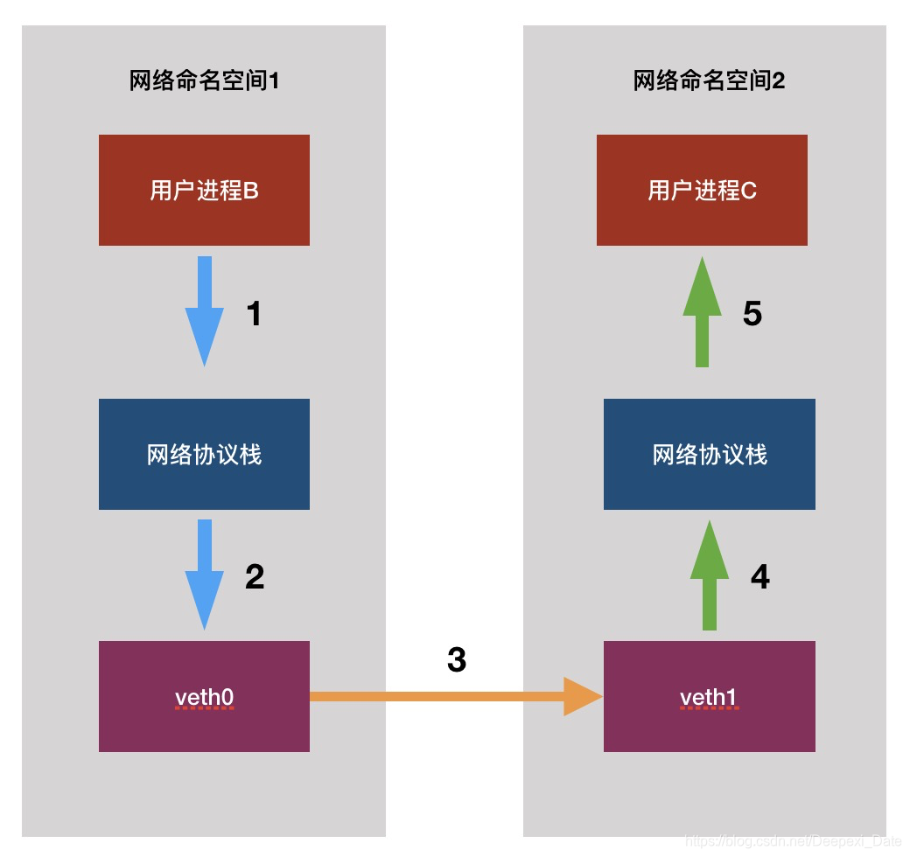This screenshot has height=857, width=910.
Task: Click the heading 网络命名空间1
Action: [x=204, y=81]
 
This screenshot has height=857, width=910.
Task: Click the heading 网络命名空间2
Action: [x=709, y=81]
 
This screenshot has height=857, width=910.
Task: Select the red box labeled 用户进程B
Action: [x=204, y=190]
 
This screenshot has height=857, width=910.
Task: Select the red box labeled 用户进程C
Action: [x=702, y=190]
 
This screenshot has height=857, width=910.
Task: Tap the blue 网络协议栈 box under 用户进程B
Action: [x=204, y=454]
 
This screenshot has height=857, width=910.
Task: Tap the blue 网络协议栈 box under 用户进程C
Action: [x=710, y=454]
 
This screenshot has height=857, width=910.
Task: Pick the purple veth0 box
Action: [x=204, y=696]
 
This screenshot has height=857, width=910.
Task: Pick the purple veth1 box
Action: [x=710, y=696]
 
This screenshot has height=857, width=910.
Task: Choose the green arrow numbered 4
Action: [x=710, y=574]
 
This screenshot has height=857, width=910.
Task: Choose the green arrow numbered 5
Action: [x=702, y=310]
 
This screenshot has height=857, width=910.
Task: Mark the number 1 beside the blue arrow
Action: [x=254, y=314]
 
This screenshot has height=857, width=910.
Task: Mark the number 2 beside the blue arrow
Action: [x=255, y=577]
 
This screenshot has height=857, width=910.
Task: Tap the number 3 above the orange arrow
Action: [x=456, y=660]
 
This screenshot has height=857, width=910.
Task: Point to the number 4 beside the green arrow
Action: [x=759, y=577]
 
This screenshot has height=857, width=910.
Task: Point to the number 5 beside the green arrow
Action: [x=752, y=314]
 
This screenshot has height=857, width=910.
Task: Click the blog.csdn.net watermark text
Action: [x=793, y=841]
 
